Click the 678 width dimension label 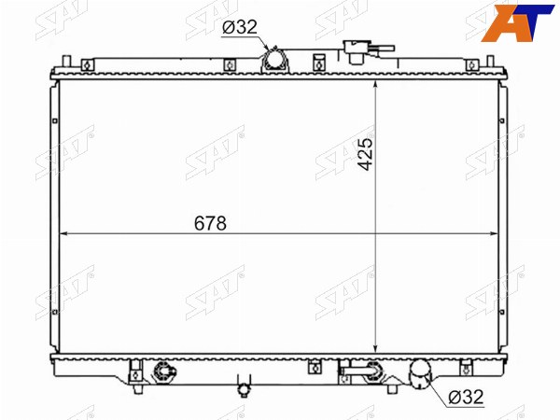(x=210, y=223)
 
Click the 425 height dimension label (x=365, y=154)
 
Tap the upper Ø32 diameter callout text (x=240, y=27)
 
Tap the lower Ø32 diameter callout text (x=466, y=397)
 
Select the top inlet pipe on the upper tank (x=274, y=60)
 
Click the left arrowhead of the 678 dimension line (x=63, y=234)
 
